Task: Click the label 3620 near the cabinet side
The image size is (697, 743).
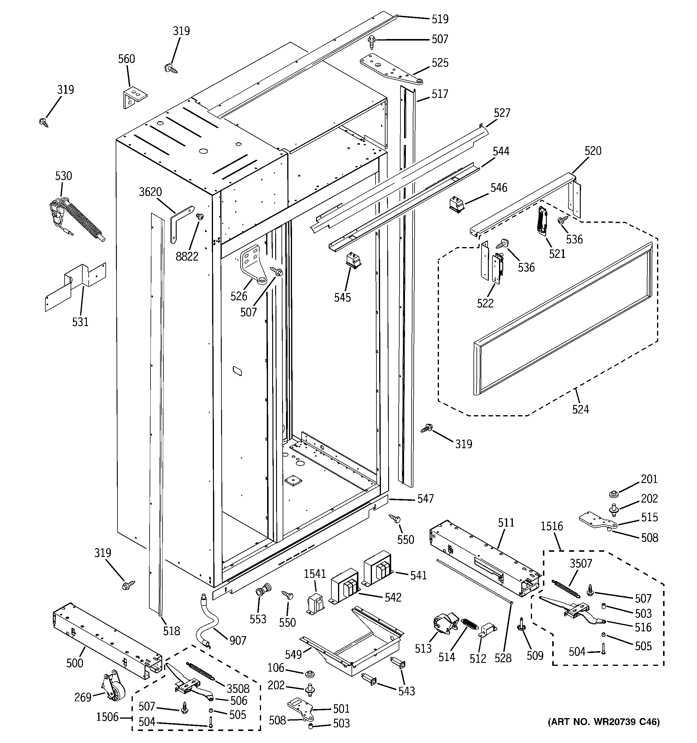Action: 151,192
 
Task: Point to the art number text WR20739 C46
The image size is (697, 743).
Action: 604,732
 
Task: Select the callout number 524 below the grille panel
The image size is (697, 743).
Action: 580,409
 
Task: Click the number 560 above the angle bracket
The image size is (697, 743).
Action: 126,59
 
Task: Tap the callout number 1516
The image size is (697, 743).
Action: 552,526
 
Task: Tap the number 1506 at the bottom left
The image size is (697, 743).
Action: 107,717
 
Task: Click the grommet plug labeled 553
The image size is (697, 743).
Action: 262,591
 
